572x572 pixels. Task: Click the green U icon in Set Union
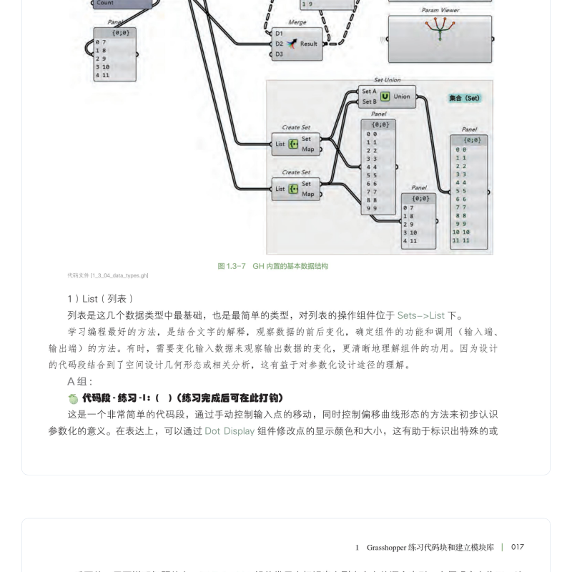[x=385, y=97]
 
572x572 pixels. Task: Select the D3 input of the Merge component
[x=280, y=54]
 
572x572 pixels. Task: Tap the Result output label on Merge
[x=309, y=44]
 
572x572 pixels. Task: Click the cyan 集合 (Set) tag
[x=464, y=98]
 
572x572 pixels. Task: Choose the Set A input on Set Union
[x=369, y=92]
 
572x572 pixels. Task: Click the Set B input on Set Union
[x=369, y=102]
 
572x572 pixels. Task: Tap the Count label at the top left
[x=105, y=3]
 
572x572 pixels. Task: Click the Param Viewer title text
[x=440, y=11]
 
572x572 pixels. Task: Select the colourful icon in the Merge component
[x=292, y=44]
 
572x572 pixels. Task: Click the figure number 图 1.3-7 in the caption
[x=231, y=266]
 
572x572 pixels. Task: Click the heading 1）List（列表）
[x=101, y=298]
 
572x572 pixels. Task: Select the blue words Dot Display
[x=230, y=431]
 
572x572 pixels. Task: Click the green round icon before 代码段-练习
[x=73, y=398]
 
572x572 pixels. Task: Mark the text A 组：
[x=80, y=381]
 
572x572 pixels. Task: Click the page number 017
[x=517, y=547]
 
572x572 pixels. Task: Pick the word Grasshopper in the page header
[x=386, y=548]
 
